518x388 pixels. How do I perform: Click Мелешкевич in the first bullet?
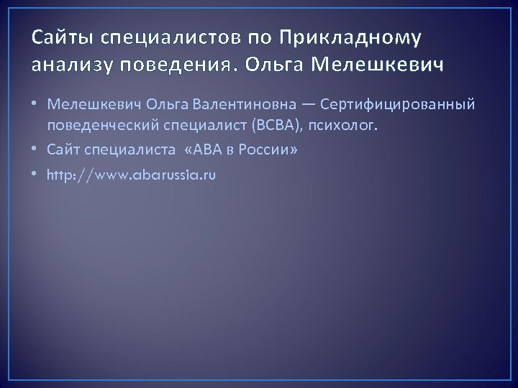click(92, 105)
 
